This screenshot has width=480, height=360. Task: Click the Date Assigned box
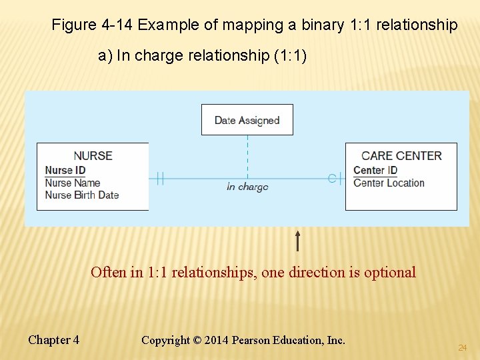coord(247,120)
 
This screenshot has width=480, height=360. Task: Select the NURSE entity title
coord(93,155)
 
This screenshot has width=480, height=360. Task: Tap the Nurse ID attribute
coord(65,171)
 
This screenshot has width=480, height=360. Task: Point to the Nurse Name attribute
coord(72,183)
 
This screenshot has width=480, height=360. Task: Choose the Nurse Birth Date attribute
coord(81,195)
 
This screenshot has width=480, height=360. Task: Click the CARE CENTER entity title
coord(401,155)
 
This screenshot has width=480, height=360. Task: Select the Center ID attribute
coord(375,171)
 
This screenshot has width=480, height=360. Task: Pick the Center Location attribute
coord(389,183)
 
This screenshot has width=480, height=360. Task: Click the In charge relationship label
coord(247,187)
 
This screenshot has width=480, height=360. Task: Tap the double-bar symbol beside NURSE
coord(160,178)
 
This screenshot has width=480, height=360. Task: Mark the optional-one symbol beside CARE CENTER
coord(335,178)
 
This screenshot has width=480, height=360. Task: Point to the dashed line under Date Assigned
coord(247,156)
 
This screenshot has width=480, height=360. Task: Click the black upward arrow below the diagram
coord(297,241)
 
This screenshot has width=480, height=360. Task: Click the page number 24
coord(462,348)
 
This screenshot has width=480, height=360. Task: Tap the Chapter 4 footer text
coord(53,340)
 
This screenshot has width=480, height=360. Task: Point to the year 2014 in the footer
coord(216,340)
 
